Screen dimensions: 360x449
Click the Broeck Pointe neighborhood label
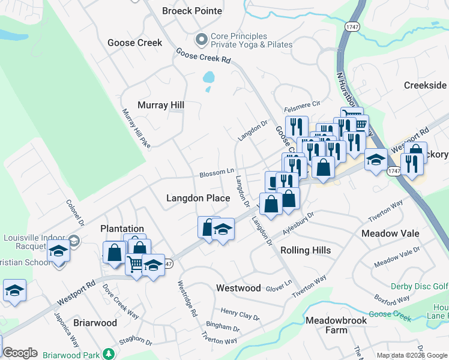coord(192,11)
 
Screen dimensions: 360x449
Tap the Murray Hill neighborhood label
coord(161,105)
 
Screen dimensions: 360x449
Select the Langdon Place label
coord(198,198)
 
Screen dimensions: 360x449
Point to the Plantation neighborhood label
coord(122,229)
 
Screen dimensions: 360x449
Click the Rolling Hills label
coord(306,250)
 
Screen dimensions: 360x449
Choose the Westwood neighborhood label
coord(238,288)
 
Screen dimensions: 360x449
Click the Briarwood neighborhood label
coord(95,323)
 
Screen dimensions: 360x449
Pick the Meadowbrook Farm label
coord(335,325)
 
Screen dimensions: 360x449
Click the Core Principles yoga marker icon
coord(201,40)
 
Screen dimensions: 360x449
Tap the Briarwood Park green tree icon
coord(108,355)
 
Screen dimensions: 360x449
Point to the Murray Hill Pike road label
coord(136,128)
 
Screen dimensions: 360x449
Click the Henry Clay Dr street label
coord(240,314)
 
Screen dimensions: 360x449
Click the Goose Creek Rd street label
coord(203,56)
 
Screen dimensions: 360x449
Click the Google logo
coord(20,353)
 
